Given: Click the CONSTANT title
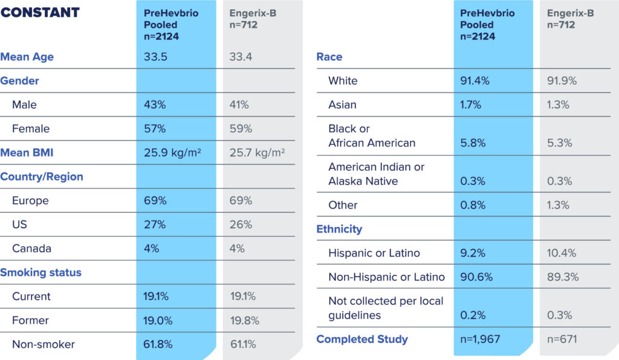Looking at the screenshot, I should point(40,13).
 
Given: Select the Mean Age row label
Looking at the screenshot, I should point(27,57).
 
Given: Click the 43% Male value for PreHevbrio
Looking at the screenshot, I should point(155,104).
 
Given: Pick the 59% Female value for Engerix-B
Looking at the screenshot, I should point(241,129).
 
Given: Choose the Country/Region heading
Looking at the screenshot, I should point(42,177).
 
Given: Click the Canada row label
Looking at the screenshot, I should point(31,248).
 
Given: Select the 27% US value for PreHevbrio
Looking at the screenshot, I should point(155,225).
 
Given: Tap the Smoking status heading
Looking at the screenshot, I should point(41,272).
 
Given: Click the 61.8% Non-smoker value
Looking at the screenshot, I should point(158,344).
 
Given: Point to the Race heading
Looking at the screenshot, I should point(329,57).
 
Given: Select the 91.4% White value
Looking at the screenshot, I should point(476,81).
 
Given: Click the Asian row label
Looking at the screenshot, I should point(342,104).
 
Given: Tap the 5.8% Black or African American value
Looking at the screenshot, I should point(473,143).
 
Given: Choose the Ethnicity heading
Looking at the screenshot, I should point(339,229).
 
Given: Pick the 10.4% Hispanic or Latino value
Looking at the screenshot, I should point(562,253).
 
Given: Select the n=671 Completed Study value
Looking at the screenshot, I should point(562,339).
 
